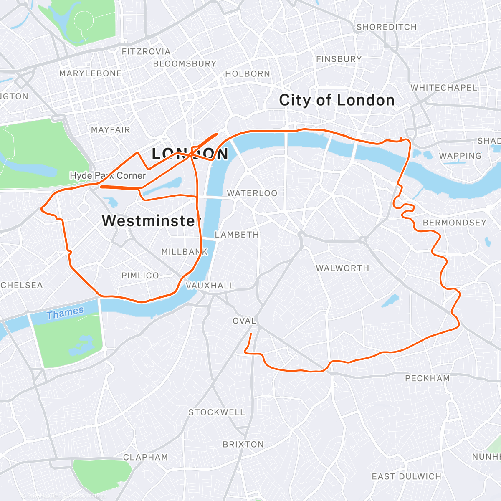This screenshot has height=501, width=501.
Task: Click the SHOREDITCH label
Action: point(386,27)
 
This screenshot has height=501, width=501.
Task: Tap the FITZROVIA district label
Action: point(146,52)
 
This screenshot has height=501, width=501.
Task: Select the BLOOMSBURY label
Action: point(185,64)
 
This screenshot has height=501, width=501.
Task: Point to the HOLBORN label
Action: point(248,74)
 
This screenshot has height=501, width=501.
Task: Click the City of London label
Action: point(337,100)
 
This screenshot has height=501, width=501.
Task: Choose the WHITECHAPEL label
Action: point(443,88)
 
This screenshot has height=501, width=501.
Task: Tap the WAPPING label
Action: point(460,156)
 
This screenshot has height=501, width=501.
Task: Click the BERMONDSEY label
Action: point(455,223)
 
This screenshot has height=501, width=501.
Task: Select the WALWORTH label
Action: point(342,268)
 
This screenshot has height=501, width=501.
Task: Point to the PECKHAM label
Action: point(428,378)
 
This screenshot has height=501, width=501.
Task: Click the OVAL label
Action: point(244,321)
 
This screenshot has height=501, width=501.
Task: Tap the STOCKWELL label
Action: point(217,412)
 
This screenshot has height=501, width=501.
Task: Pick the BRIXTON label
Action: point(243,444)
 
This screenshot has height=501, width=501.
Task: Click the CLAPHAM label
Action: point(145,457)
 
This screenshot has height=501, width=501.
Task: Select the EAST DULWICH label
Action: point(406,476)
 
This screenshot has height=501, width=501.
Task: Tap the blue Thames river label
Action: point(65,313)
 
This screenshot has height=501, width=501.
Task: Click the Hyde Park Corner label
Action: point(108,175)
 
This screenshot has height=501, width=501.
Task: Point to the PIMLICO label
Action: point(140,276)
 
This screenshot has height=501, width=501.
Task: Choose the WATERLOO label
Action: point(252,193)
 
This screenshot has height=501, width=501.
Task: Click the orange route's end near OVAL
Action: point(251,334)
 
